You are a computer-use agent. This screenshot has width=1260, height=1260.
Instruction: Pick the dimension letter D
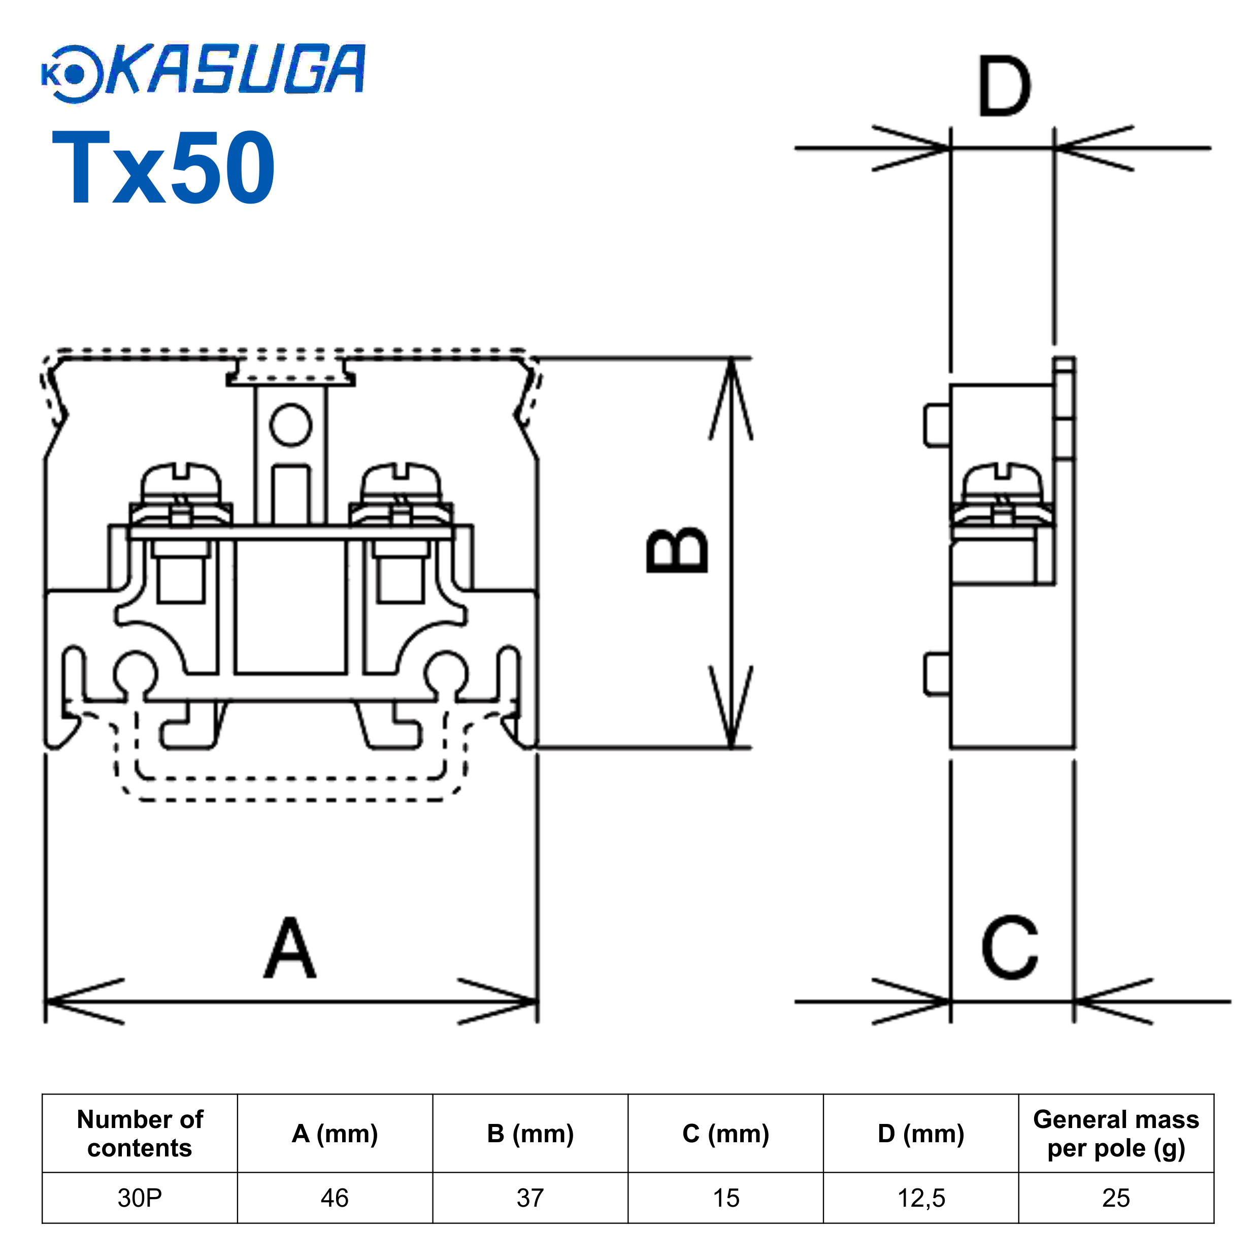pyautogui.click(x=1004, y=87)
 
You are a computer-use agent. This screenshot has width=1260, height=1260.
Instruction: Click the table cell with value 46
pyautogui.click(x=335, y=1198)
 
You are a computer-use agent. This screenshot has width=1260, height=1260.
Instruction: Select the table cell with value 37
pyautogui.click(x=529, y=1198)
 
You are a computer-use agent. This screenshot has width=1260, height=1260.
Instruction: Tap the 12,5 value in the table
pyautogui.click(x=920, y=1198)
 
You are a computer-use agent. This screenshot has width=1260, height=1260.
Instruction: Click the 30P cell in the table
pyautogui.click(x=140, y=1198)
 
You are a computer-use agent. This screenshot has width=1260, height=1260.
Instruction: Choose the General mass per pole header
pyautogui.click(x=1115, y=1133)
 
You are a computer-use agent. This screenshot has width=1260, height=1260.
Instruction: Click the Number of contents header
pyautogui.click(x=140, y=1133)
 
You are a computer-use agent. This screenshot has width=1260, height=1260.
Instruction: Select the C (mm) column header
pyautogui.click(x=725, y=1133)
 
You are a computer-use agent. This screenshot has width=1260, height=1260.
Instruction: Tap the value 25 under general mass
pyautogui.click(x=1115, y=1198)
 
